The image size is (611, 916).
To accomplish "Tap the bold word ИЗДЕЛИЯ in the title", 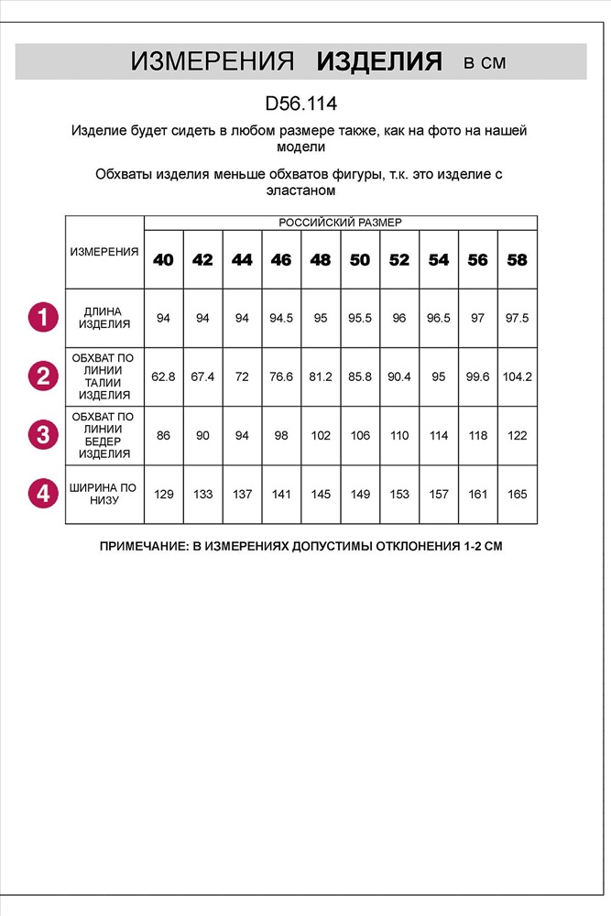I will tap(379, 62).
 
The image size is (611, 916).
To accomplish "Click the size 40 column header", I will tap(163, 260).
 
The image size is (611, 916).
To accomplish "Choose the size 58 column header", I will tap(517, 260).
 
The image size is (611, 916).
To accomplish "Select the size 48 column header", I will tap(321, 260).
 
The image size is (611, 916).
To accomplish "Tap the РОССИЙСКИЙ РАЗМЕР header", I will tap(340, 223).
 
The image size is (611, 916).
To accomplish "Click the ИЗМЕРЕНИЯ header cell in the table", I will tap(104, 251).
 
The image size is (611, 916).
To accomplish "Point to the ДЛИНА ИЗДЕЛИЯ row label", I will tap(104, 318).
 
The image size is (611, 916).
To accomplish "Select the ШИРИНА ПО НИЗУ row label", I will tap(104, 494).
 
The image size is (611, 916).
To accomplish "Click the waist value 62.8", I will tap(163, 376).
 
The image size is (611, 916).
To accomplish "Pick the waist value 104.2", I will tap(517, 376).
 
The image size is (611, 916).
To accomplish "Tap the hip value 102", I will tap(321, 435).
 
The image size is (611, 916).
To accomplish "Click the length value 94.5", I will tap(281, 318).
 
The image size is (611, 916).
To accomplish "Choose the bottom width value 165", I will tap(517, 495).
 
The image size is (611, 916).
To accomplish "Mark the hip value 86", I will tap(163, 435).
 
